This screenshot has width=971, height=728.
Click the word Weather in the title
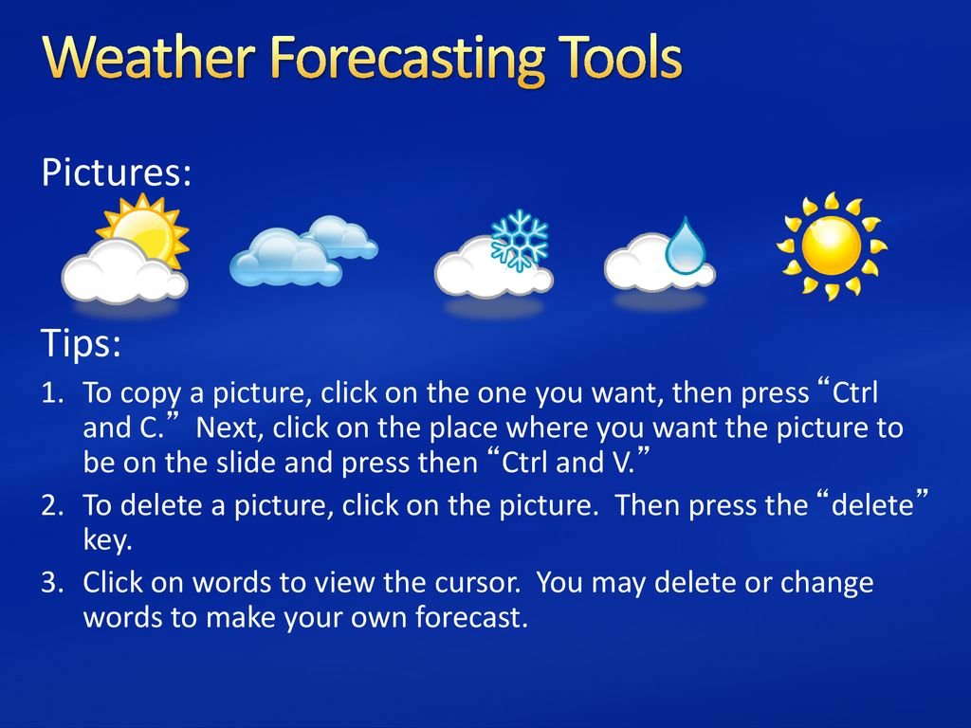[149, 57]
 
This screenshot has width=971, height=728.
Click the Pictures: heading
[117, 172]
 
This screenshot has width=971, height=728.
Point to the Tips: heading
[82, 342]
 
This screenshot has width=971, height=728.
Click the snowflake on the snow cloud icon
[519, 241]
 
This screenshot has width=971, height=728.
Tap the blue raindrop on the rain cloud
[686, 246]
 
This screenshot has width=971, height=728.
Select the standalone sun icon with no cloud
[832, 246]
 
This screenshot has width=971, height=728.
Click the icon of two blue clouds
[303, 251]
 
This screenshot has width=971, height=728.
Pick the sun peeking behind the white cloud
[145, 229]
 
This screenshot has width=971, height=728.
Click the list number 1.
[53, 393]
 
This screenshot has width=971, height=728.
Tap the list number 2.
[53, 506]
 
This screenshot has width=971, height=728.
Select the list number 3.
[53, 583]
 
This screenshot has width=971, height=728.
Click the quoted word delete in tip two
[872, 505]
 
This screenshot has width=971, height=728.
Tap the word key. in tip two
[108, 540]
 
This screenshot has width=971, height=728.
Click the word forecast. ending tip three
[471, 617]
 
